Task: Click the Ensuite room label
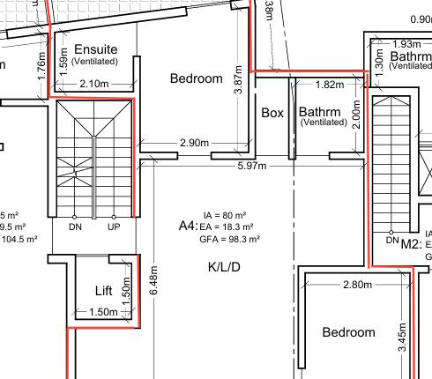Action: (97, 48)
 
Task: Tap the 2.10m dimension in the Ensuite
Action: (93, 84)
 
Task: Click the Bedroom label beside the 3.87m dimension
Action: (196, 78)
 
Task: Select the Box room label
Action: (272, 113)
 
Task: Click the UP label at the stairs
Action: (114, 227)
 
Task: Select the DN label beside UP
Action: (75, 227)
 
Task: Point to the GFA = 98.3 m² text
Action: (229, 239)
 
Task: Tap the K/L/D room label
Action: (225, 266)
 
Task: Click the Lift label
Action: (104, 291)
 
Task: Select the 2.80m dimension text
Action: (357, 285)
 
